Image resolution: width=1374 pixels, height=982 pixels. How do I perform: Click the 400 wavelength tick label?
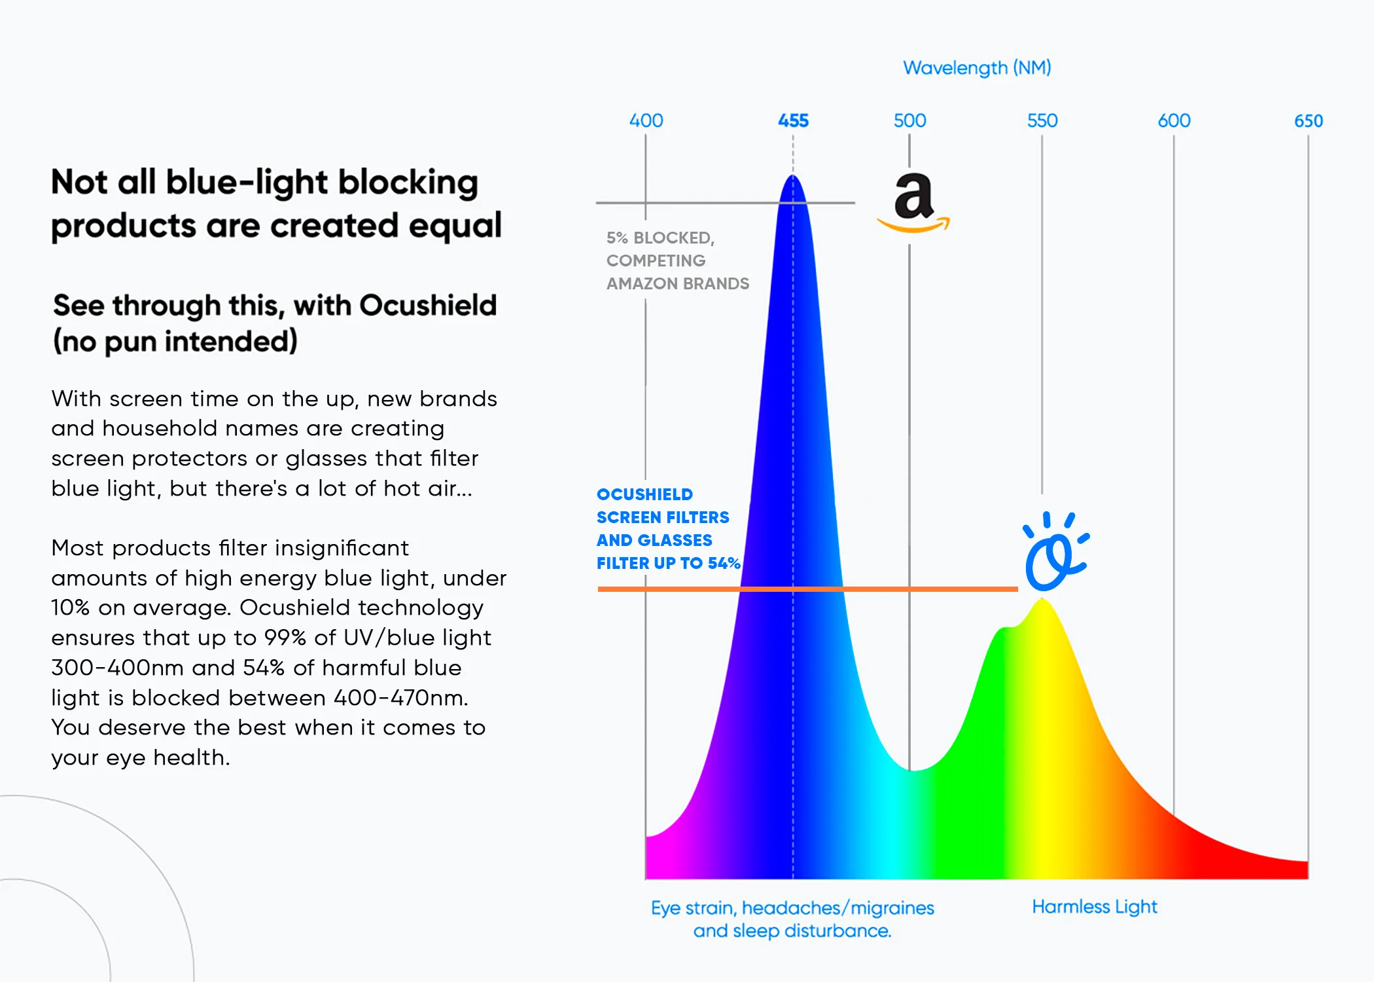point(646,120)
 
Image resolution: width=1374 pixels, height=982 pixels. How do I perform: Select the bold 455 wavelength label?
point(793,120)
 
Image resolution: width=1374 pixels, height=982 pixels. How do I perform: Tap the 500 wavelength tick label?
point(909,120)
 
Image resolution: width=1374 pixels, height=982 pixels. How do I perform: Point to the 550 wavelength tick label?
point(1042,120)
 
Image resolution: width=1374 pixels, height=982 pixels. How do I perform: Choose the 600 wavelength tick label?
point(1174,120)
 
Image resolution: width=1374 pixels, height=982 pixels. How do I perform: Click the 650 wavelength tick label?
point(1308,120)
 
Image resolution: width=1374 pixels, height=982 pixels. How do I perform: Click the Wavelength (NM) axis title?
point(977,67)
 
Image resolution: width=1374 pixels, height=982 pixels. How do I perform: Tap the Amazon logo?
point(913,202)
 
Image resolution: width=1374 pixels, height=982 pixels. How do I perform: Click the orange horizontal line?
point(807,589)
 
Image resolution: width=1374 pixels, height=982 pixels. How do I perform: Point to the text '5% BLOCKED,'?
point(660,238)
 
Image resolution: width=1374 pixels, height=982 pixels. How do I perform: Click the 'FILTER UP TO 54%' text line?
point(668,563)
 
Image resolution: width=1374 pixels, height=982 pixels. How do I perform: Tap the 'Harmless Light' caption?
point(1094,907)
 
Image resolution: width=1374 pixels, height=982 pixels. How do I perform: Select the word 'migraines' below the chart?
point(892,908)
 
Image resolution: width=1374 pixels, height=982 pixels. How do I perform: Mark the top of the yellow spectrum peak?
point(1042,600)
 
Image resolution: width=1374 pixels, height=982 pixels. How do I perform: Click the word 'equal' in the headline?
point(455,226)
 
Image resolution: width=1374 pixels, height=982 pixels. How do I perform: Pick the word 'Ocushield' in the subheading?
point(428,306)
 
